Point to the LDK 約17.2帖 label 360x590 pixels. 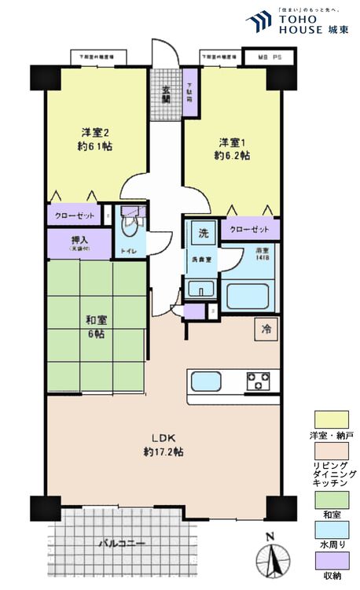click(x=163, y=444)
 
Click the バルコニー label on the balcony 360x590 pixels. click(x=119, y=543)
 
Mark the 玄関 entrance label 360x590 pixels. click(x=166, y=94)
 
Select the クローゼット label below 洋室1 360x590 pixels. click(x=250, y=230)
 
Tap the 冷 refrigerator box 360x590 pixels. click(x=266, y=329)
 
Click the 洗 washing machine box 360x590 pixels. click(x=203, y=233)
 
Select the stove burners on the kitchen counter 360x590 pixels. click(x=258, y=382)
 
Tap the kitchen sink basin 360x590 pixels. click(x=207, y=382)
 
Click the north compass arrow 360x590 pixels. click(x=270, y=560)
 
